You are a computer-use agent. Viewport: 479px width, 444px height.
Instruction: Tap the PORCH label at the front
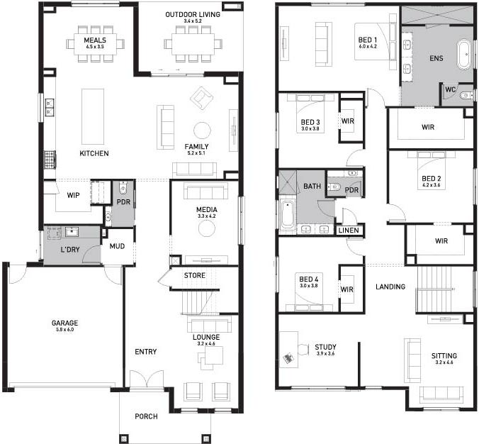pyautogui.click(x=146, y=416)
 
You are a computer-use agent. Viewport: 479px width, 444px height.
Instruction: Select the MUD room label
pyautogui.click(x=117, y=247)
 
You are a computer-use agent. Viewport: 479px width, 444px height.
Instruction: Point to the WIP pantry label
pyautogui.click(x=73, y=194)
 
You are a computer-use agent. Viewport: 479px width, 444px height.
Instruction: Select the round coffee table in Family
pyautogui.click(x=203, y=130)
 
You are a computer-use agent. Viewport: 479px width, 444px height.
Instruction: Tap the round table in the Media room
pyautogui.click(x=206, y=228)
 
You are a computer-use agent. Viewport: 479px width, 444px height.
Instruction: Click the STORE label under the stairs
pyautogui.click(x=194, y=275)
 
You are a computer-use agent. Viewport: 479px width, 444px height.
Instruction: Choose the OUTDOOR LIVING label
pyautogui.click(x=193, y=14)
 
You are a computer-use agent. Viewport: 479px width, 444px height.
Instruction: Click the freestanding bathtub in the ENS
pyautogui.click(x=464, y=56)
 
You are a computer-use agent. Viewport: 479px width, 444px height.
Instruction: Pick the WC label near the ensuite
pyautogui.click(x=451, y=89)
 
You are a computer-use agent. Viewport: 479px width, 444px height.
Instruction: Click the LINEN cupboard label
pyautogui.click(x=348, y=231)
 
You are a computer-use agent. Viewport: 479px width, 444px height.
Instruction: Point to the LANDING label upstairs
pyautogui.click(x=390, y=287)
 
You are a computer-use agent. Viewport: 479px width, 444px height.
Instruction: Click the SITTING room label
pyautogui.click(x=444, y=356)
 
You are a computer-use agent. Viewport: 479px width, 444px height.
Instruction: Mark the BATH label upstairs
pyautogui.click(x=312, y=186)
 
